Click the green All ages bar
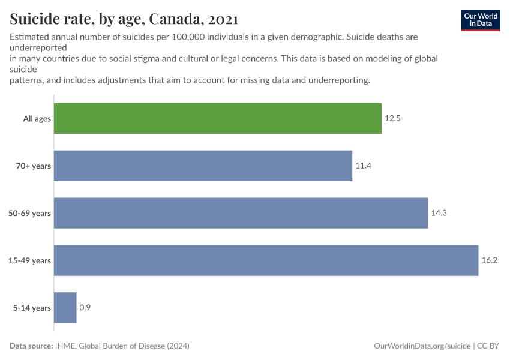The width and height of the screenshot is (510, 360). pyautogui.click(x=218, y=118)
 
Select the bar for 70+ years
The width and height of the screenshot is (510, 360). pyautogui.click(x=203, y=166)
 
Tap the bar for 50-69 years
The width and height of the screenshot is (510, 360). pyautogui.click(x=241, y=213)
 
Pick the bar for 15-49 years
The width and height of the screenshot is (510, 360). pyautogui.click(x=266, y=260)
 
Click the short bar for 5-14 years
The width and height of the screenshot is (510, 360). pyautogui.click(x=65, y=308)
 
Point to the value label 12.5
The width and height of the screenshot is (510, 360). pyautogui.click(x=392, y=119)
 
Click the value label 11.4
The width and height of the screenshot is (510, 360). pyautogui.click(x=363, y=166)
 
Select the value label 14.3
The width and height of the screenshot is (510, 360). pyautogui.click(x=439, y=214)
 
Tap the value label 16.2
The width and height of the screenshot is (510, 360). pyautogui.click(x=490, y=260)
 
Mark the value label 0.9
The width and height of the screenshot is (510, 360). pyautogui.click(x=85, y=308)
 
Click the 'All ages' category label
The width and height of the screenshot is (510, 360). pyautogui.click(x=37, y=119)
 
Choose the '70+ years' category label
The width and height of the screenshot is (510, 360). pyautogui.click(x=34, y=166)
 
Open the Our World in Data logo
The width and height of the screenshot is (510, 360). pyautogui.click(x=480, y=20)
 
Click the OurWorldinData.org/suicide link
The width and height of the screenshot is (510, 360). pyautogui.click(x=422, y=346)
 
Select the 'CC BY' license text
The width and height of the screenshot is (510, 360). pyautogui.click(x=488, y=346)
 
